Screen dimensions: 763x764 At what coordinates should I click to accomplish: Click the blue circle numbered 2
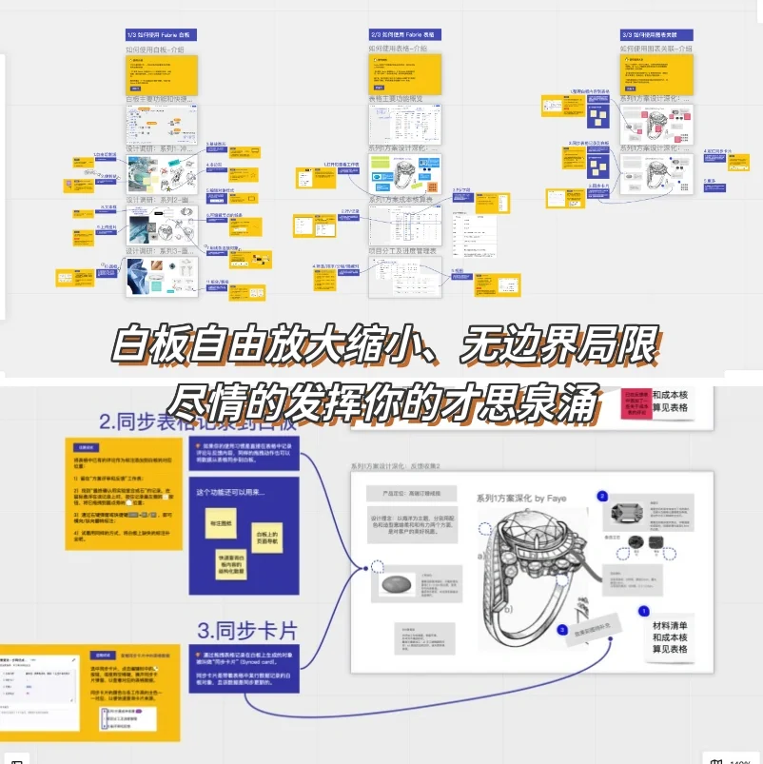[601, 496]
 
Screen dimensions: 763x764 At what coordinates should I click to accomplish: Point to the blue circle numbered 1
[643, 611]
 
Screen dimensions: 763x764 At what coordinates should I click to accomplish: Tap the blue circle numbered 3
[562, 629]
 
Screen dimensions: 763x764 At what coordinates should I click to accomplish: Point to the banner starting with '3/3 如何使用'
[655, 34]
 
